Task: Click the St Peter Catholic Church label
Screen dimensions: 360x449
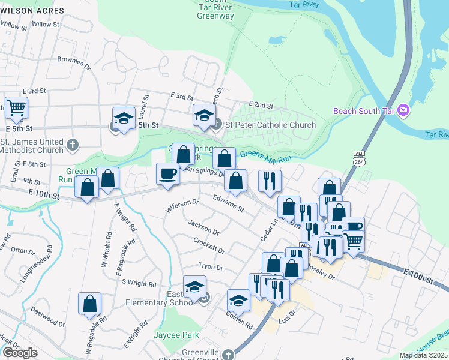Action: tap(270, 125)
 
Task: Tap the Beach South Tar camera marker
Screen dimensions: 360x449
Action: tap(404, 110)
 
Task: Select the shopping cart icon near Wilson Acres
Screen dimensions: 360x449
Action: tap(16, 108)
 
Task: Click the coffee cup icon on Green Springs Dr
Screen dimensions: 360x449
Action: tap(167, 174)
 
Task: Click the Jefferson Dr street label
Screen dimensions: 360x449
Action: tap(182, 206)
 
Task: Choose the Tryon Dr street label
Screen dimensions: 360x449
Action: tap(211, 268)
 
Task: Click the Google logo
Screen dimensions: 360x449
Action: tap(20, 353)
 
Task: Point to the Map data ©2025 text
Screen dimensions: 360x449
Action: tap(423, 355)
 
